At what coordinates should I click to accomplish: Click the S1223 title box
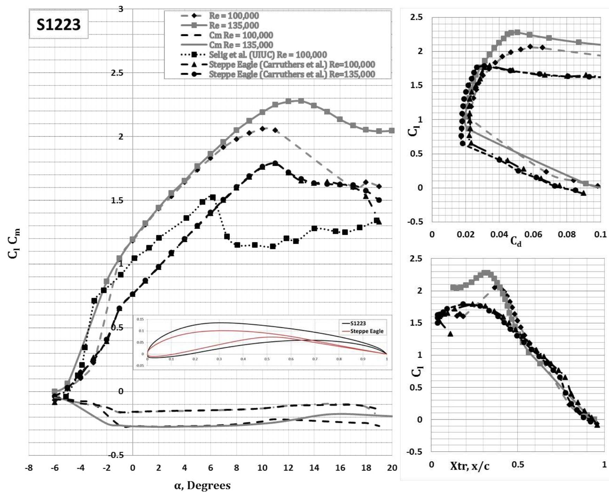(x=58, y=24)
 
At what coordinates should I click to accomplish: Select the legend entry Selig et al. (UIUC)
(x=267, y=55)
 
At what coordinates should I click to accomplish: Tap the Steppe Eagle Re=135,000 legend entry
(x=292, y=74)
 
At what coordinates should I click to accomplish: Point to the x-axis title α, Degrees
(x=202, y=485)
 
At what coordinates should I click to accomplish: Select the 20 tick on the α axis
(x=392, y=468)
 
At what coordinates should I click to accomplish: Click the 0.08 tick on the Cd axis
(x=566, y=234)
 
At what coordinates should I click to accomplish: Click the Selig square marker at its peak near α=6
(x=213, y=197)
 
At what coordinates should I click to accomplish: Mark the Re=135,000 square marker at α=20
(x=392, y=131)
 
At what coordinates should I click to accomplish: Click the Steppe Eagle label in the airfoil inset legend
(x=367, y=331)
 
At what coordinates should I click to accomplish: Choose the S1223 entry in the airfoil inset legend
(x=358, y=323)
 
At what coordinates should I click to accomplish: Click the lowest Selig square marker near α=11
(x=273, y=246)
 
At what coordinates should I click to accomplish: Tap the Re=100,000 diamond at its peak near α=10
(x=262, y=128)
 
